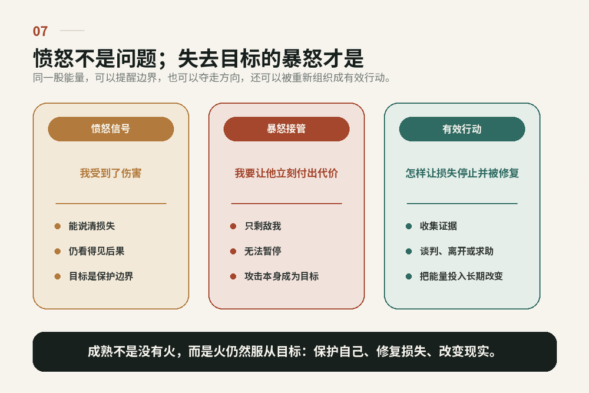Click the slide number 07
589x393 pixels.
point(40,31)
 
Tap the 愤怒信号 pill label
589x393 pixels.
point(111,129)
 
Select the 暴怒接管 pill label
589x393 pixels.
point(286,129)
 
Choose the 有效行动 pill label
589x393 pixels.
point(462,129)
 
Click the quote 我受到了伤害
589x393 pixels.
point(111,173)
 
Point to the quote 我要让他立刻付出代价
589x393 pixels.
point(286,173)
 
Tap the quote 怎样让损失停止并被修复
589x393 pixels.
point(462,173)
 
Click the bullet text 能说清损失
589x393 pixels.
point(92,226)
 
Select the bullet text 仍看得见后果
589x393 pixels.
point(97,252)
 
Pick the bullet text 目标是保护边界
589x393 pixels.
point(101,276)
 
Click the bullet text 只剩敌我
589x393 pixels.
point(263,226)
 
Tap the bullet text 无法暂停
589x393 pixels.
point(263,252)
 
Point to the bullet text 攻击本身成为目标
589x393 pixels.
point(282,276)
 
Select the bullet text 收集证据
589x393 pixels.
point(438,226)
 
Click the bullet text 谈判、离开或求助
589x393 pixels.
point(457,252)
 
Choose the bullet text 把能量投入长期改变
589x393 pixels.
point(461,276)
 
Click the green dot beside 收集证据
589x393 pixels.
point(409,226)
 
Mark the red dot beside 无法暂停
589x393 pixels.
point(233,252)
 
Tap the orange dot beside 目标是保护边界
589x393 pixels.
point(58,276)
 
